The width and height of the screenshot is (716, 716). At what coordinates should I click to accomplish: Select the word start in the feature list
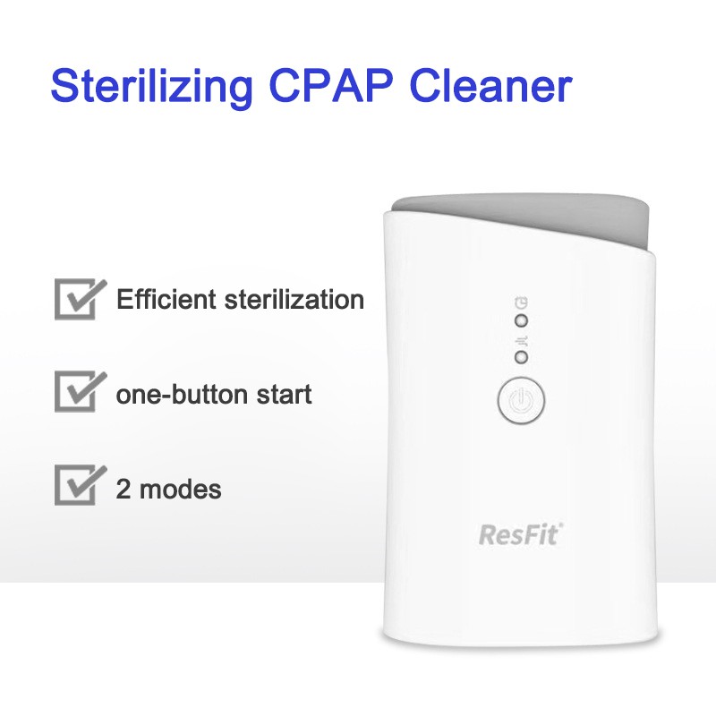(x=286, y=394)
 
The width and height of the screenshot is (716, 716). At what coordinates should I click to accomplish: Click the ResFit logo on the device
(x=518, y=536)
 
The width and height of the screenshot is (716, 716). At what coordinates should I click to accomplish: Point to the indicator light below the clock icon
(x=522, y=320)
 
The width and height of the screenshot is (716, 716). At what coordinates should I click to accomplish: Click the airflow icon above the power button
(x=522, y=339)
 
